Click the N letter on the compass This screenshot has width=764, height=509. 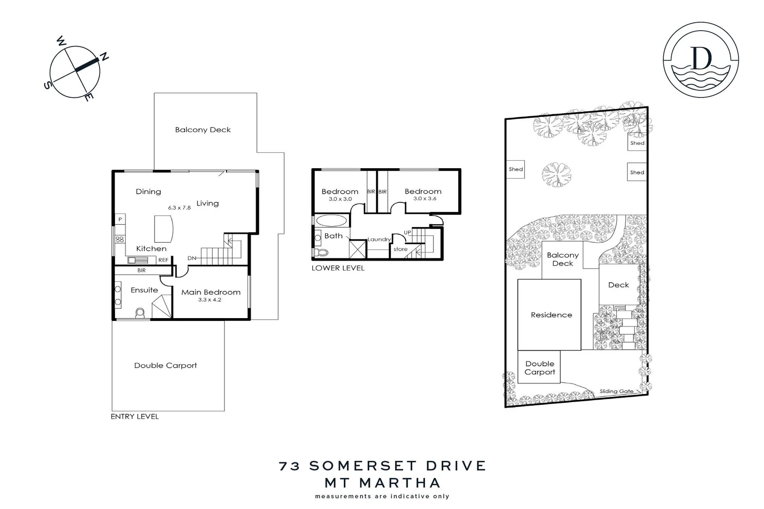click(x=104, y=57)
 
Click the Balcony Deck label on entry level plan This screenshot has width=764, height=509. click(x=203, y=130)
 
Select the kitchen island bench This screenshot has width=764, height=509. click(x=164, y=229)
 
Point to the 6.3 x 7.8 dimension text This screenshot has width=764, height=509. click(x=179, y=207)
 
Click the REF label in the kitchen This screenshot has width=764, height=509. click(x=163, y=260)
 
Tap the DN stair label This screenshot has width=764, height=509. click(x=192, y=258)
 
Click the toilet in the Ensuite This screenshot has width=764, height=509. click(x=140, y=313)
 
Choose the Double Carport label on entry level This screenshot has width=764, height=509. click(x=166, y=365)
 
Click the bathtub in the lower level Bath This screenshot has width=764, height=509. click(x=331, y=221)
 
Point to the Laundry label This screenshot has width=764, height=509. click(x=379, y=239)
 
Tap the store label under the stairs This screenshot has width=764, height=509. click(x=400, y=249)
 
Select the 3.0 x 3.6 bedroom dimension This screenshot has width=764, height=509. click(x=424, y=199)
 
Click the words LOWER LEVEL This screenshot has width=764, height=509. click(x=338, y=268)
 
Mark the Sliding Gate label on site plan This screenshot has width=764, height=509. click(x=616, y=391)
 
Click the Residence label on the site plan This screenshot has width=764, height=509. click(x=551, y=315)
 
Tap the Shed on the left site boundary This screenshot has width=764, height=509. click(x=515, y=169)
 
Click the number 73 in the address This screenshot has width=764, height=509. click(x=290, y=466)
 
